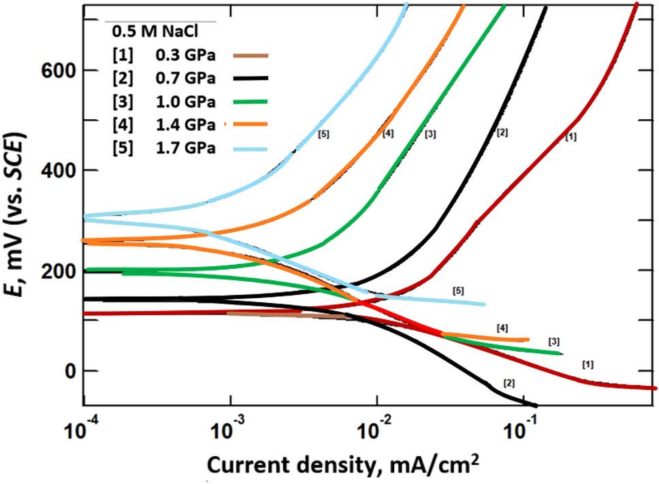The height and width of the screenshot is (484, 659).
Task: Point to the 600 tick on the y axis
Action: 59,70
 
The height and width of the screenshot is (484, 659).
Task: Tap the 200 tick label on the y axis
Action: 59,271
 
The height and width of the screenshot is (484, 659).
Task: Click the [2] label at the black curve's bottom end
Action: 508,383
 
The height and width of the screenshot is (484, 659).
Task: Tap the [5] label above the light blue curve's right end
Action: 459,291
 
